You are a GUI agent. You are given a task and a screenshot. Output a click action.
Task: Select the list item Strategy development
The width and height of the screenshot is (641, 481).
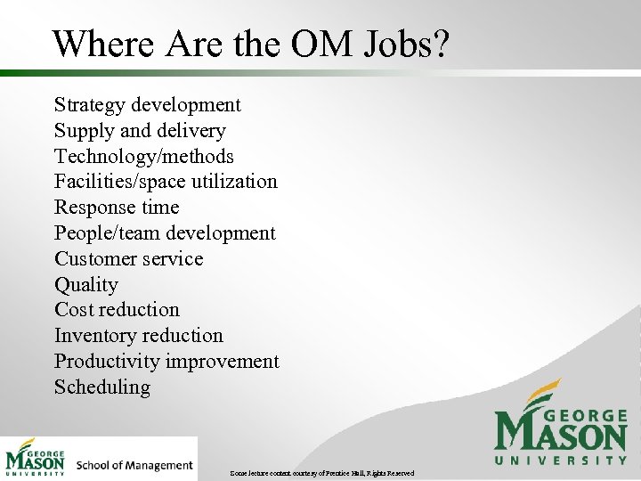(147, 105)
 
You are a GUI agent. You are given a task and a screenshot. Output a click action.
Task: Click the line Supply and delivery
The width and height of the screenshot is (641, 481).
(140, 131)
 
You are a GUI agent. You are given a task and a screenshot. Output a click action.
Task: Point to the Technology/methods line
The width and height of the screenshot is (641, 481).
(143, 157)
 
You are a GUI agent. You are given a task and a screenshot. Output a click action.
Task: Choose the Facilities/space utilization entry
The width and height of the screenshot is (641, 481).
(166, 182)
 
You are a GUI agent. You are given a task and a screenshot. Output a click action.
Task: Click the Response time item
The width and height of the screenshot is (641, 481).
(117, 208)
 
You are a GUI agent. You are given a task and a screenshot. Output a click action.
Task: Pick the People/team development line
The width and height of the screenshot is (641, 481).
(165, 233)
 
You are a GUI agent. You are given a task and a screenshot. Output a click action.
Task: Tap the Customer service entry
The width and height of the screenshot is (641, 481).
(128, 259)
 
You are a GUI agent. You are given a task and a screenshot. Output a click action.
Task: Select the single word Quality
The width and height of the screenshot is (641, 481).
(85, 285)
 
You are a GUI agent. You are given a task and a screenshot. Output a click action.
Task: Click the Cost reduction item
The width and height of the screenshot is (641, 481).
(117, 310)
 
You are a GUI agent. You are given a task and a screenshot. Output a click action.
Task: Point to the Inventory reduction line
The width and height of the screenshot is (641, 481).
(138, 336)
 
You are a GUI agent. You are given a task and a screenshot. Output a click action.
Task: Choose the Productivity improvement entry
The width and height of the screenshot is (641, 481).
(166, 362)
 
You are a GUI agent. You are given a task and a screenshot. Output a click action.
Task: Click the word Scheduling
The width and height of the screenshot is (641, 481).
(101, 387)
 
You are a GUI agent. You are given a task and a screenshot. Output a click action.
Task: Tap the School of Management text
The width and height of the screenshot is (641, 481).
(134, 465)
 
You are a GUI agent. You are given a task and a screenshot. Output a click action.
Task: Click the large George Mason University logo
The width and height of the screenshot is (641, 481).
(560, 422)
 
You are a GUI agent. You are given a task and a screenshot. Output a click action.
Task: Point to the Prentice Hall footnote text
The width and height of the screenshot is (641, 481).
(321, 472)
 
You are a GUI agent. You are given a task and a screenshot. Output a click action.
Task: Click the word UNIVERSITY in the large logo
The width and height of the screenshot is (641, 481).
(561, 460)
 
